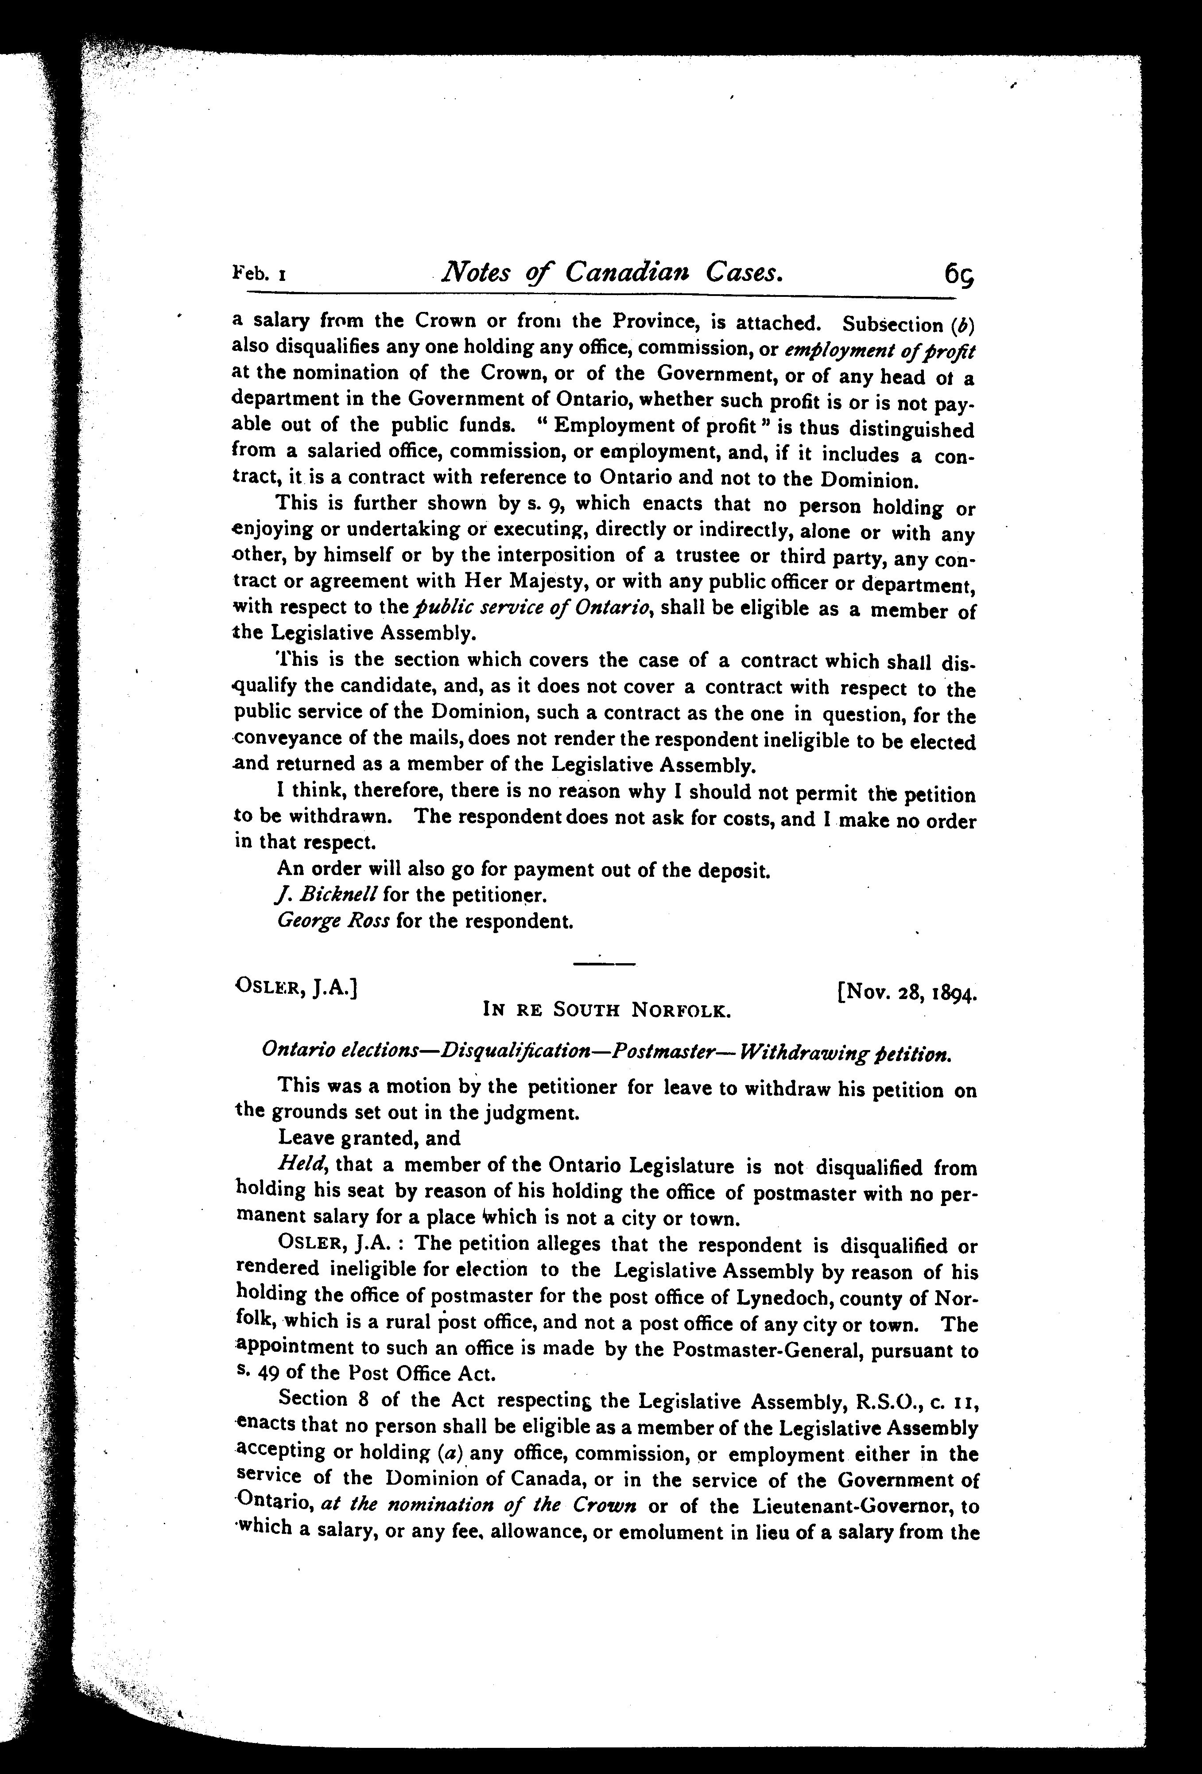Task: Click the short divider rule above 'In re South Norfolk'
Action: click(x=603, y=965)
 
